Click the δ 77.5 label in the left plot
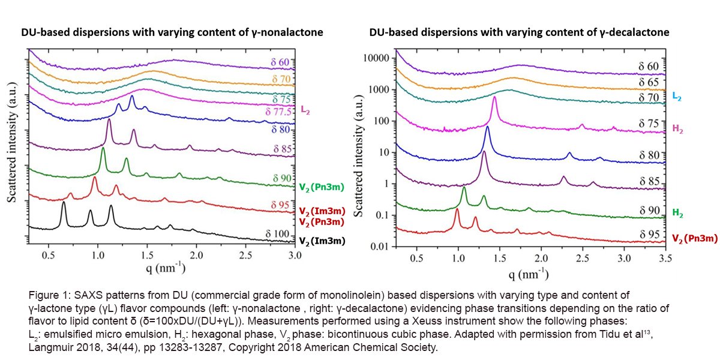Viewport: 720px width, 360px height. pos(278,112)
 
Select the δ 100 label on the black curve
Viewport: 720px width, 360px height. pos(279,233)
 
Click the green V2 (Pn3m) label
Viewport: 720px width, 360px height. pos(321,187)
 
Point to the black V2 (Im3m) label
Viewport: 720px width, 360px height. pos(322,241)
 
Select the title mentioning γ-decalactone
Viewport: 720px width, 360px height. pos(519,32)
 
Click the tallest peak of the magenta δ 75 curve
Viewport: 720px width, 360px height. pos(495,97)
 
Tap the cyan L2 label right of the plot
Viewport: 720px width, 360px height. pos(676,96)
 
